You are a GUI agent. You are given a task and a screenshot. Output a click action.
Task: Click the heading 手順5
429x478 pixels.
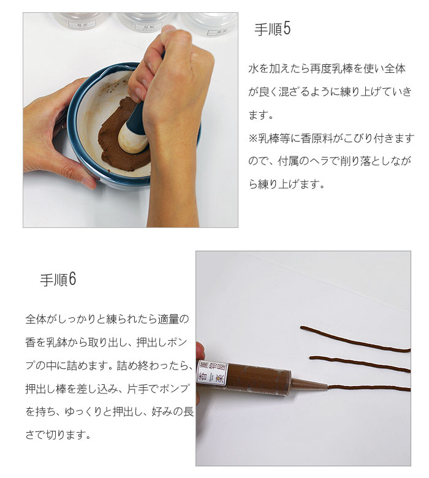tap(271, 29)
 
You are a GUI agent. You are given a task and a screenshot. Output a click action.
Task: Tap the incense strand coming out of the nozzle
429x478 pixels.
tap(368, 388)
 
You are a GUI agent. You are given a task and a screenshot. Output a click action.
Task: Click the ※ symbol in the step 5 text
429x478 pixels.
tap(252, 138)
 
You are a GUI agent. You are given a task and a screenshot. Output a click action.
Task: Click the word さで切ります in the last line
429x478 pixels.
tap(58, 436)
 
